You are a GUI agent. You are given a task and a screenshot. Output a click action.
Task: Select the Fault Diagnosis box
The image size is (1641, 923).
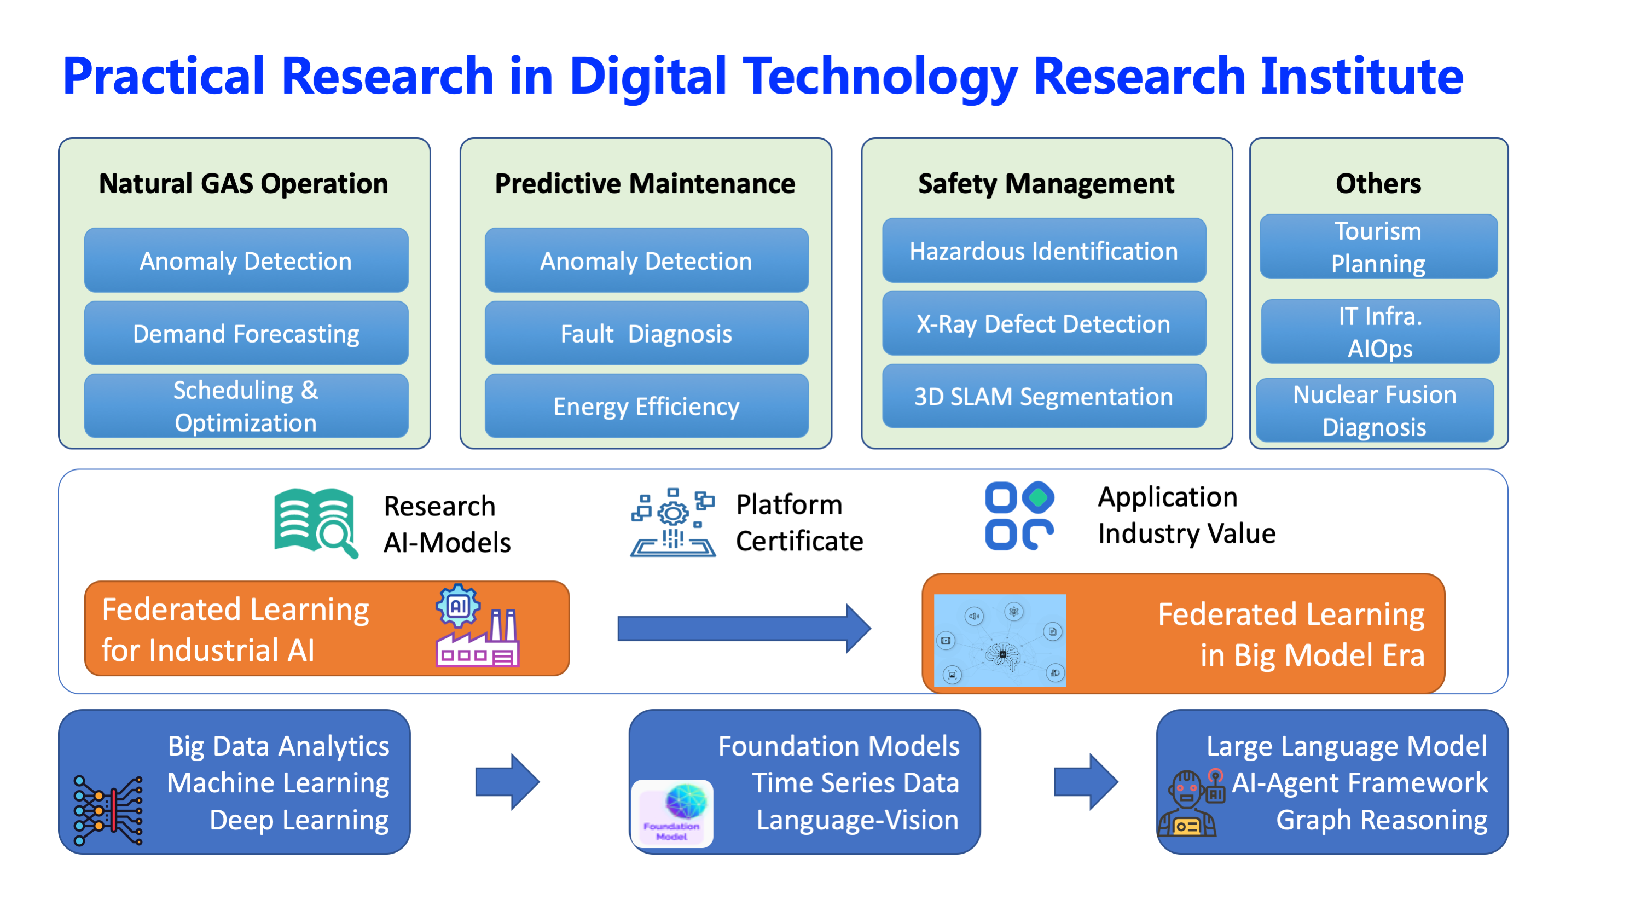pos(646,333)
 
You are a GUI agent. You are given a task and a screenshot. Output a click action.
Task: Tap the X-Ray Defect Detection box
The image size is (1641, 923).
pos(1043,323)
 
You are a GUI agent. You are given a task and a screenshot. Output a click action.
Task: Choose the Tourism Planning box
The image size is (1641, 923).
pos(1378,247)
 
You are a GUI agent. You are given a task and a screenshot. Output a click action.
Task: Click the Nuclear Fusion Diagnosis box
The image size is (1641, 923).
pos(1374,410)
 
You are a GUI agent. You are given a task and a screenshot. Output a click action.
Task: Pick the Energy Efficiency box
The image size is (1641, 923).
pos(646,406)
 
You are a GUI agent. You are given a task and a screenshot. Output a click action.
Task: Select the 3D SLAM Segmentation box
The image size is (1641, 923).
pos(1043,396)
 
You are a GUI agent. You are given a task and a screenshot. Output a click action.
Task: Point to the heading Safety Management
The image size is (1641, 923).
pos(1046,183)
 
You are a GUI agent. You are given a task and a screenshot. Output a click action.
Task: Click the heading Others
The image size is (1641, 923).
pos(1378,183)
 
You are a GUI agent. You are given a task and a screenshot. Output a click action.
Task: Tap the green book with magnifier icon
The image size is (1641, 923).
pos(316,523)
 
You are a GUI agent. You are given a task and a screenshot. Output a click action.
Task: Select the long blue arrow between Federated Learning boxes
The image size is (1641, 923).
pos(744,628)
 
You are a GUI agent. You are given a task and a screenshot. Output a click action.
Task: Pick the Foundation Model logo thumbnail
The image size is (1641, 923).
pos(672,814)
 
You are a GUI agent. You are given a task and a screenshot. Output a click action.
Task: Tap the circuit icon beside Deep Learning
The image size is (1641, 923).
pos(108,810)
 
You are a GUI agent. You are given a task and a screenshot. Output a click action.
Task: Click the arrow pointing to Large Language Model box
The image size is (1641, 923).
pos(1086,782)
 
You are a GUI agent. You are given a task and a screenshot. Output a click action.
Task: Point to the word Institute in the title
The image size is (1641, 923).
pos(1362,76)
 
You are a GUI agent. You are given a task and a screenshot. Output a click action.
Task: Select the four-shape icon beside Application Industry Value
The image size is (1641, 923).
pos(1019,515)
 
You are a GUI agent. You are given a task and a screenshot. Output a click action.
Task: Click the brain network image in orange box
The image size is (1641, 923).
pos(1000,640)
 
